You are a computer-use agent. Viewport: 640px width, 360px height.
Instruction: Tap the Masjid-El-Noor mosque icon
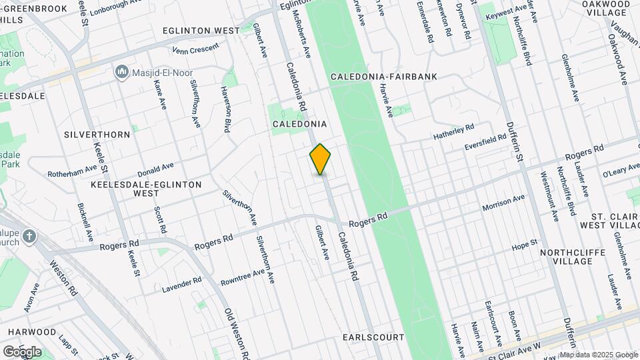[x=121, y=71]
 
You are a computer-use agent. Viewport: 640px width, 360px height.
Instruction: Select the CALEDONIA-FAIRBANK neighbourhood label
[x=384, y=77]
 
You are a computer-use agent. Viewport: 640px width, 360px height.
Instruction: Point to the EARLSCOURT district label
[x=373, y=337]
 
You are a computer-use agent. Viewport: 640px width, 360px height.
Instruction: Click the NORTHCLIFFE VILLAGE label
[x=566, y=257]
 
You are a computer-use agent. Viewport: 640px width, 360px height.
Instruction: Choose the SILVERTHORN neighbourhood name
[x=97, y=134]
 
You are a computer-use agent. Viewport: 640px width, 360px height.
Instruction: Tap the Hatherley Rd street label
[x=453, y=128]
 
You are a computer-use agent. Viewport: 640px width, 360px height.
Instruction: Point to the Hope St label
[x=524, y=243]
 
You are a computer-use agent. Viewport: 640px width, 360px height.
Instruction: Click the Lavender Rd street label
[x=181, y=285]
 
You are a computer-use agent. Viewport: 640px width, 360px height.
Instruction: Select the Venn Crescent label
[x=195, y=49]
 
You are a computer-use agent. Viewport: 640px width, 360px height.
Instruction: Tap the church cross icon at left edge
[x=29, y=236]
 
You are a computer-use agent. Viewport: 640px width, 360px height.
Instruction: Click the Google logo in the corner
[x=22, y=351]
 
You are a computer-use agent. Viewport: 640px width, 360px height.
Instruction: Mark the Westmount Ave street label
[x=549, y=197]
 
